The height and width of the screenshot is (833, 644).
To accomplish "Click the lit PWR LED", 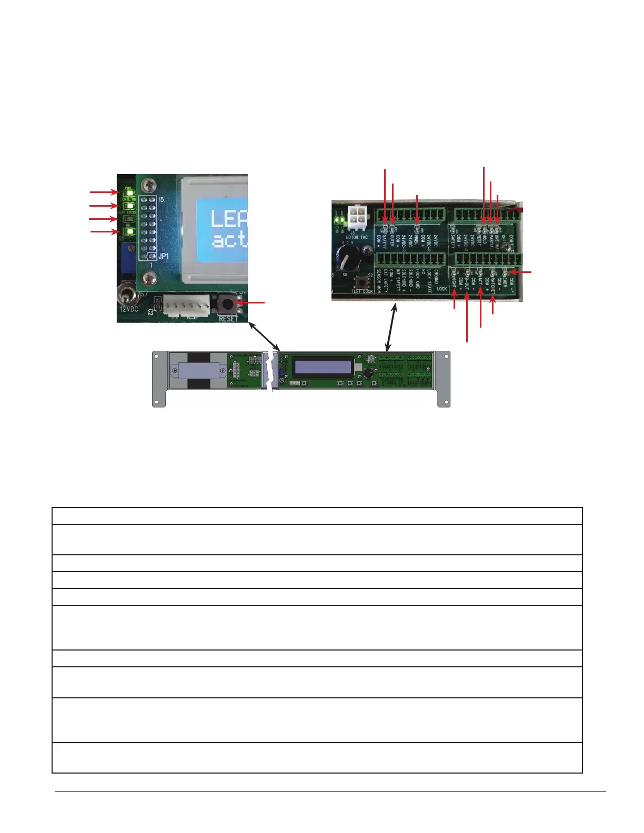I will click(128, 193).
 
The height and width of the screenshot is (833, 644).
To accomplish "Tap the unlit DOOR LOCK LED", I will click(128, 219).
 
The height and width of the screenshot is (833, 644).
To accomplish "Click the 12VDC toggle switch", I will click(127, 292).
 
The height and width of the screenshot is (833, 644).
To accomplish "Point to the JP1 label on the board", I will click(164, 256).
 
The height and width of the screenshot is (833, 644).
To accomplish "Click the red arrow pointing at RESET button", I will click(251, 303).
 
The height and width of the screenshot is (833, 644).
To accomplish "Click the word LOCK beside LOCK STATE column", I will click(441, 289).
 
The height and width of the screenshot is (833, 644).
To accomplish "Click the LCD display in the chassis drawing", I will click(323, 366).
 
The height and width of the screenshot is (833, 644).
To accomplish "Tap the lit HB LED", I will click(128, 231).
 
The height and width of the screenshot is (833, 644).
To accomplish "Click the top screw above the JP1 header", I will click(152, 186).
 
